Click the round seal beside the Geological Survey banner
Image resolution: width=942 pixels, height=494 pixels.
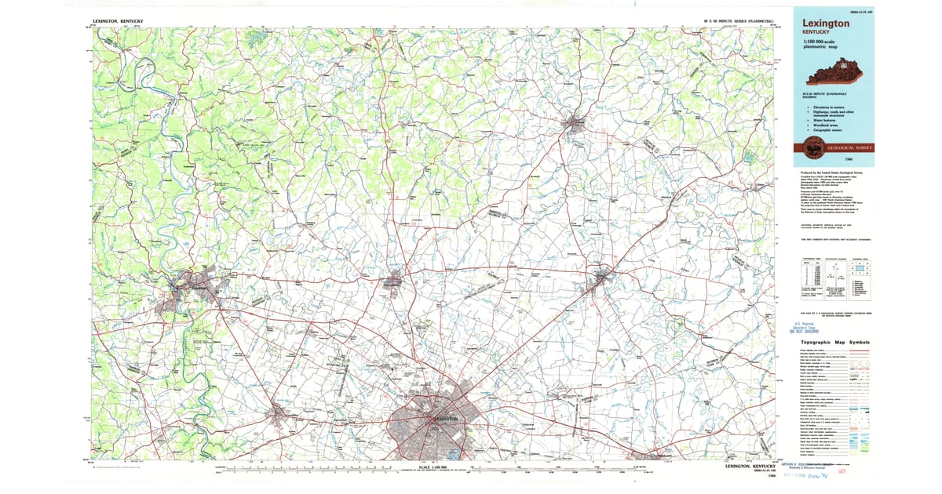point(809,147)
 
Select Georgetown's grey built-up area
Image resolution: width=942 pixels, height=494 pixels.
point(392,278)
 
